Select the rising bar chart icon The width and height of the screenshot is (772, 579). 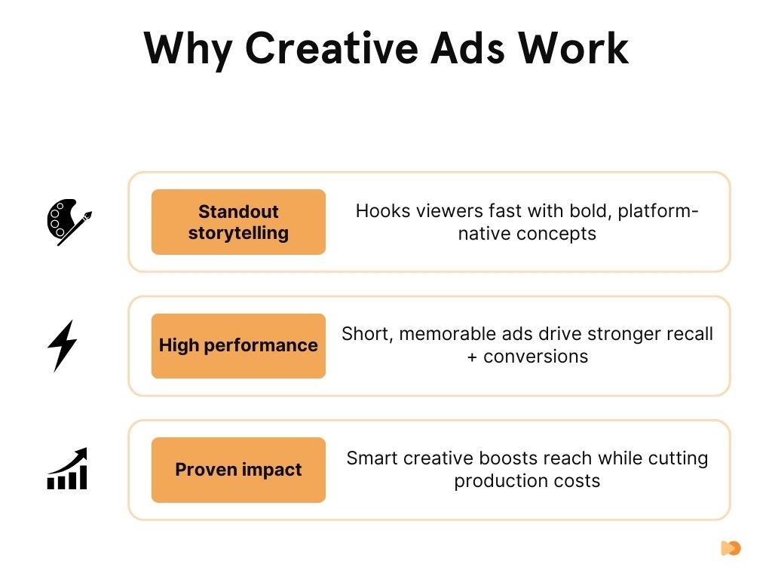tap(68, 469)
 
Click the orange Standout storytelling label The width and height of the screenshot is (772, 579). tap(238, 222)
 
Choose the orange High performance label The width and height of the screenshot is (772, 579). tap(238, 345)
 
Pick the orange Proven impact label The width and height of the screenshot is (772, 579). tap(238, 470)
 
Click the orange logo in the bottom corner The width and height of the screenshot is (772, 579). tap(731, 548)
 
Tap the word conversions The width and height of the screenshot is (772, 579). tap(536, 357)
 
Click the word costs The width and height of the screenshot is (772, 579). tap(577, 481)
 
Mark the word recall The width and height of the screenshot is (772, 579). tap(688, 334)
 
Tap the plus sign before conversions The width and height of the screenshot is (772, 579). tap(472, 357)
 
